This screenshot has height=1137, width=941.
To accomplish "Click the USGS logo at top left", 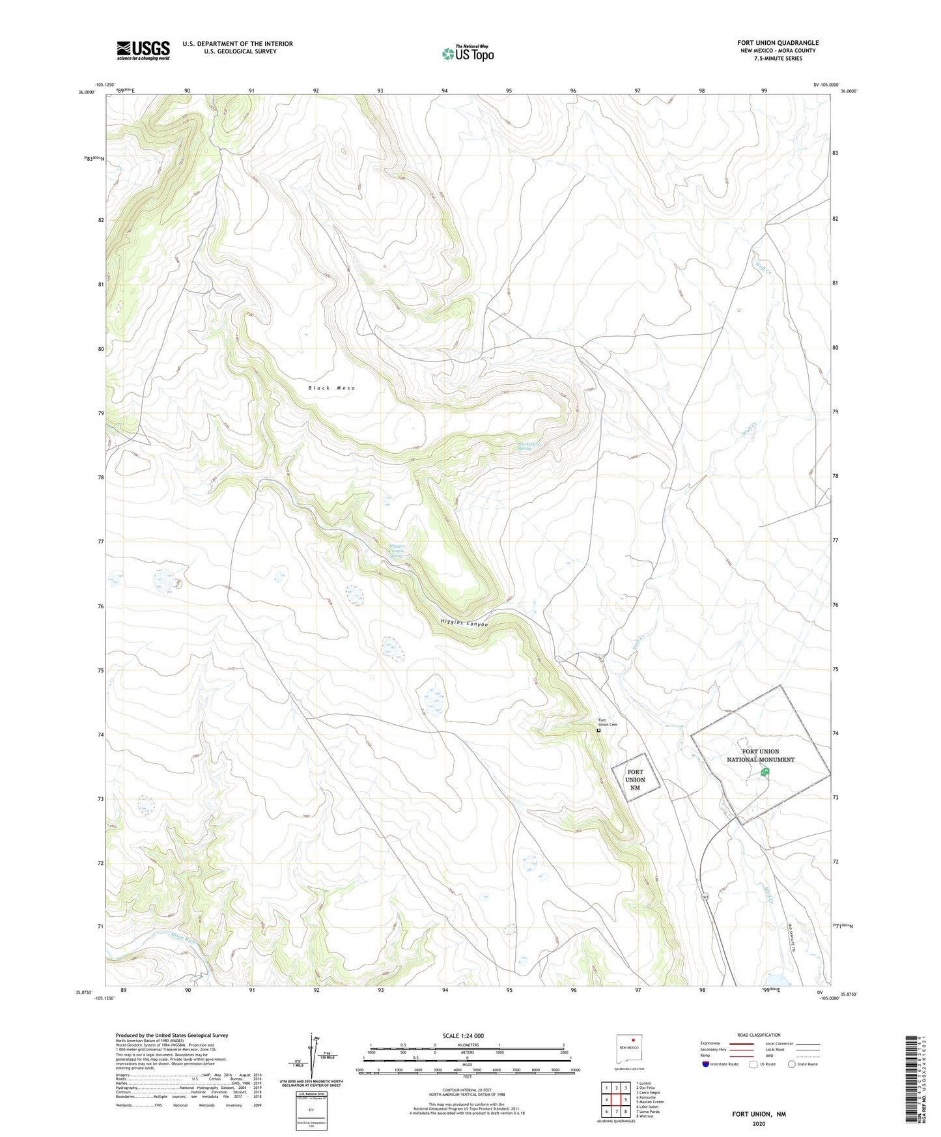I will coord(143,49).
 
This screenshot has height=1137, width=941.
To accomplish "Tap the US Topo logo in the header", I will coord(468,53).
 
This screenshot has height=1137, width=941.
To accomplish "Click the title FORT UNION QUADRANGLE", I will coord(778,42).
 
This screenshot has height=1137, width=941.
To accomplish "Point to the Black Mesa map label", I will coord(332,388).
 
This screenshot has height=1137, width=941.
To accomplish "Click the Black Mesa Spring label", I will coord(529,447).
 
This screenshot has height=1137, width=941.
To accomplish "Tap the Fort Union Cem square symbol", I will coord(598,731).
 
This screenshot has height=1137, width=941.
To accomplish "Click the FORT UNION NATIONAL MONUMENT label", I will coord(761,755).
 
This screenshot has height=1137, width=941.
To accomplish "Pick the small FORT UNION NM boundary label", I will coord(635,779).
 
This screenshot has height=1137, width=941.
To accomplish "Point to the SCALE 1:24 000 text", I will coord(462,1036).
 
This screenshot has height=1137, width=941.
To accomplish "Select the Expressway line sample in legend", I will coord(741,1043).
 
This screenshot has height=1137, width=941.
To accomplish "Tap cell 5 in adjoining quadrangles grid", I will coord(625,1100).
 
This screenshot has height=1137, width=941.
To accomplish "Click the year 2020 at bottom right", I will coord(759,1123).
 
